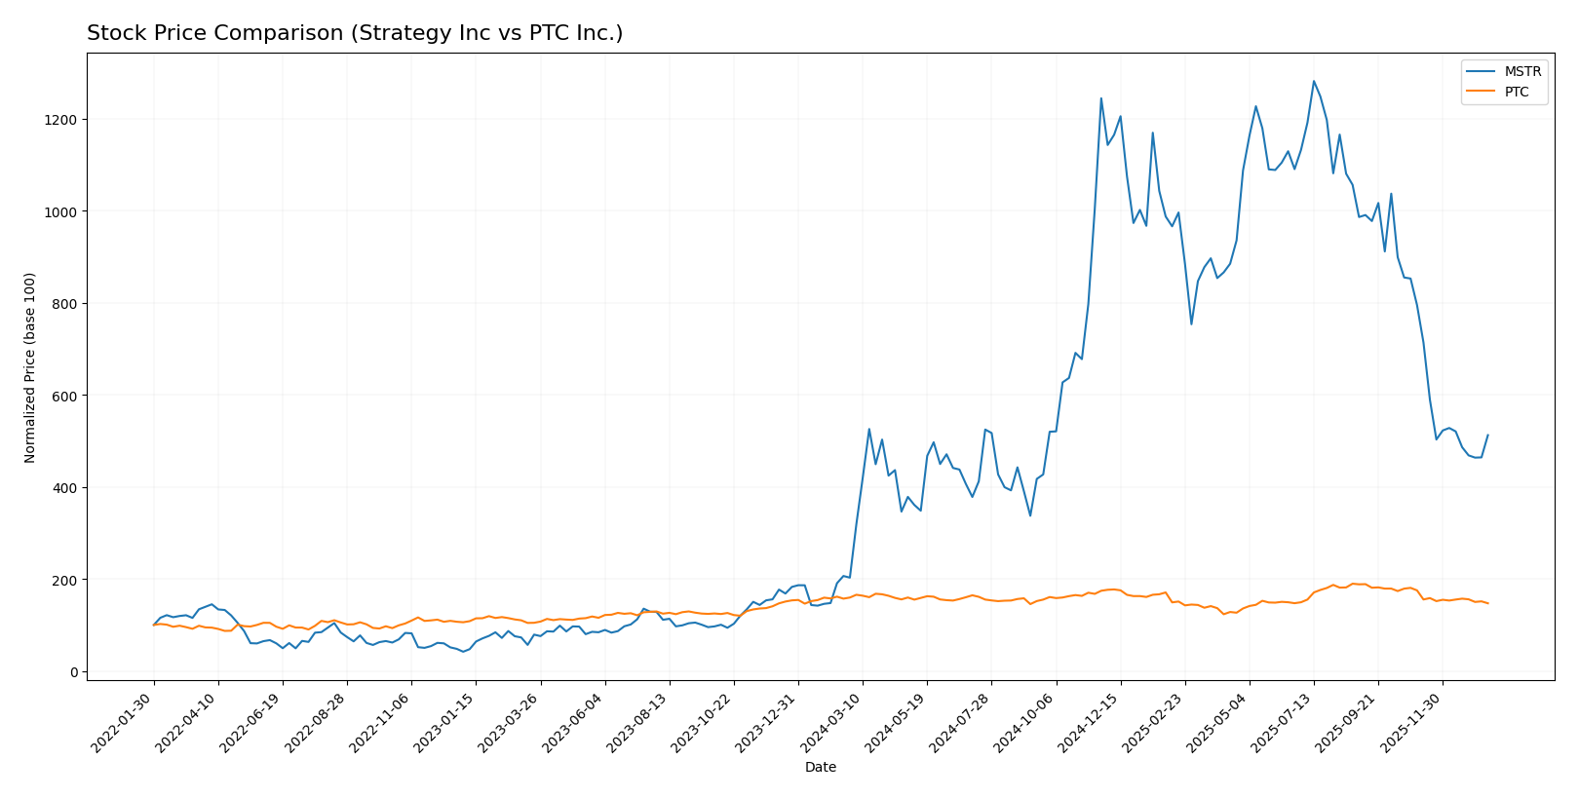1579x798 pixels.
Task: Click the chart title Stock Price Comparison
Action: click(355, 33)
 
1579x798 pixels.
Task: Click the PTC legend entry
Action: click(1517, 93)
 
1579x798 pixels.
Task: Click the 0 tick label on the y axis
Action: click(73, 672)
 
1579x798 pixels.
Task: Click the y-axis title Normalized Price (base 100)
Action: click(30, 367)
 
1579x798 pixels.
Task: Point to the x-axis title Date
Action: click(820, 768)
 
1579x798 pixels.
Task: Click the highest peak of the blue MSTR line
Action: click(1313, 81)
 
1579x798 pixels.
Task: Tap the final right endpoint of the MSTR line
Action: click(1487, 436)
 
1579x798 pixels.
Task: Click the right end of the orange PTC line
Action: click(1487, 603)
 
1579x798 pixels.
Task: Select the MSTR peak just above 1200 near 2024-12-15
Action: click(1101, 97)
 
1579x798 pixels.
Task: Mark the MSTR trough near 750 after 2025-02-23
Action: click(1191, 324)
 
